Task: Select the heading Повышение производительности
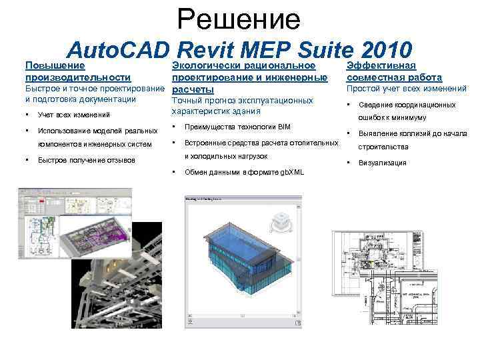[77, 71]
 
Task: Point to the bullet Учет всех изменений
[74, 115]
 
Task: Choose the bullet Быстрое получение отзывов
[87, 160]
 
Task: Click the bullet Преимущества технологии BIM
[238, 127]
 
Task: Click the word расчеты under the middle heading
[193, 89]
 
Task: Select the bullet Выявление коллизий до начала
[413, 134]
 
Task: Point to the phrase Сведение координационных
[407, 105]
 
